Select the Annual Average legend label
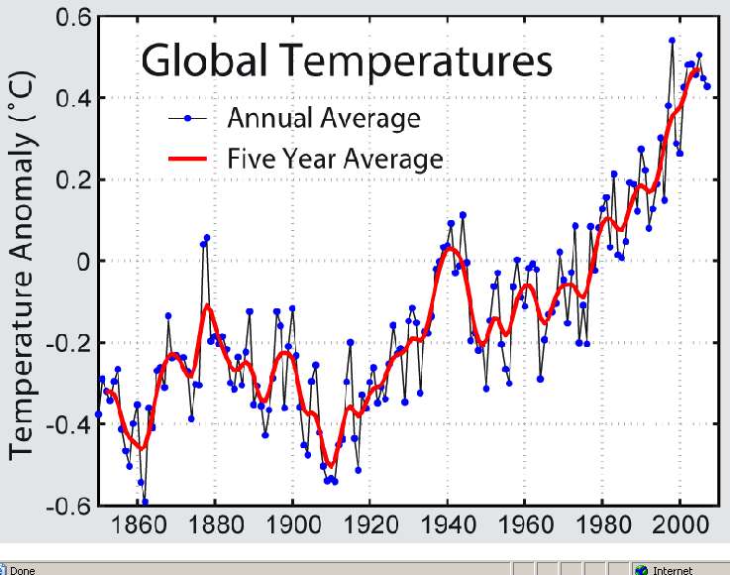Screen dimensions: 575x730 [x=324, y=119]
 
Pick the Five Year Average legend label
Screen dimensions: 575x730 [x=335, y=158]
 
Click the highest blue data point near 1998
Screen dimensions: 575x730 [x=672, y=41]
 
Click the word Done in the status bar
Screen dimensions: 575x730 [x=23, y=569]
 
